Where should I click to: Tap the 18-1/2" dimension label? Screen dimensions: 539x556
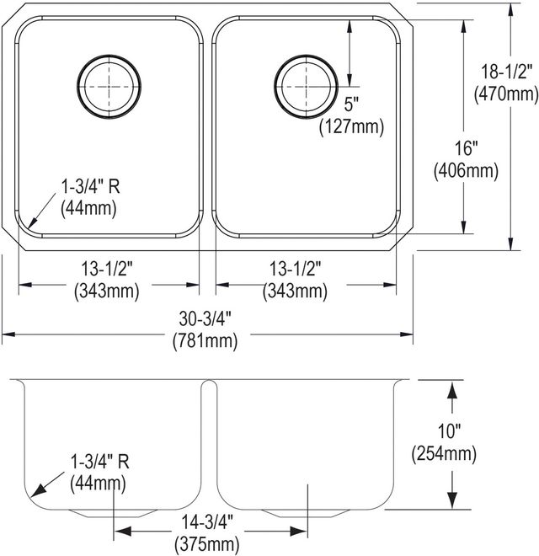[506, 72]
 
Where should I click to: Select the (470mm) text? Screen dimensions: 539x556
[506, 94]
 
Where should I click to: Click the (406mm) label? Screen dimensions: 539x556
[466, 170]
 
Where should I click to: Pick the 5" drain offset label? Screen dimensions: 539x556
[351, 104]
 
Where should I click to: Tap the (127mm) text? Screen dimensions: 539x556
[351, 126]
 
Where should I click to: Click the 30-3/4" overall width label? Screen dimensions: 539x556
[205, 318]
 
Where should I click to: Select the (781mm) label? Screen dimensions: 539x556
[205, 341]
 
